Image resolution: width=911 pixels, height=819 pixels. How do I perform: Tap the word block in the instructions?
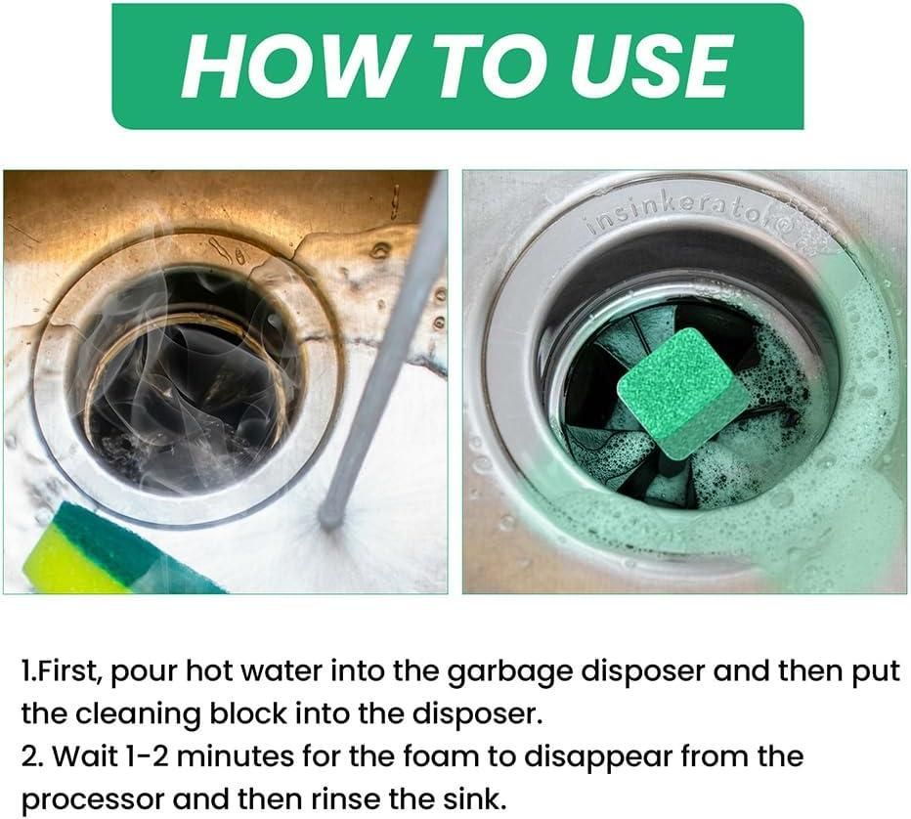click(244, 714)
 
